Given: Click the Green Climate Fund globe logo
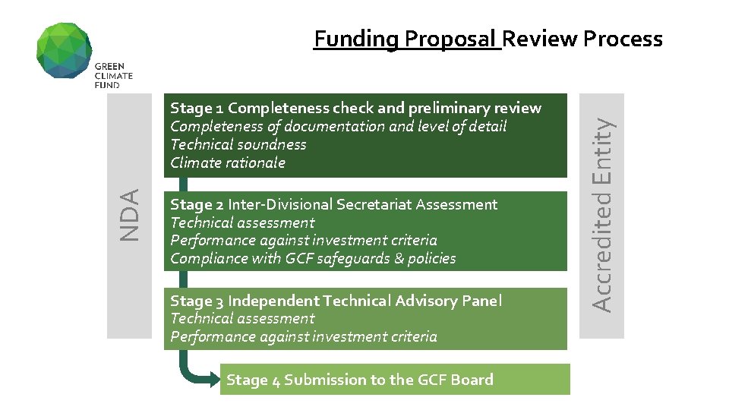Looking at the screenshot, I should coord(65,50).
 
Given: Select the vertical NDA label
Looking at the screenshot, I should coord(130,215).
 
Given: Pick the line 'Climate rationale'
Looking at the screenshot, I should coord(228,162).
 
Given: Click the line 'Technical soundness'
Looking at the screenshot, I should coord(238,144).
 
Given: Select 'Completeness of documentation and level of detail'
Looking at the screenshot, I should coord(338,126).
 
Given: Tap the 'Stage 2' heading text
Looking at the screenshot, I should coord(197,204).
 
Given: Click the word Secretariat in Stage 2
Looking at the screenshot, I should coord(372,204).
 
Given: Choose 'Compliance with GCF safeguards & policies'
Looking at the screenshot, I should coord(313,258).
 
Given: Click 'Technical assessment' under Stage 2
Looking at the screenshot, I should coord(242,222).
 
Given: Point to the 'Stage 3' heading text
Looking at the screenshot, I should coord(197,301).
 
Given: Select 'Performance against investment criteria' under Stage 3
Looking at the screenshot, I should coord(304,336).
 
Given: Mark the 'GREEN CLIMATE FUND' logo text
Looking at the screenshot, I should coord(114,76).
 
